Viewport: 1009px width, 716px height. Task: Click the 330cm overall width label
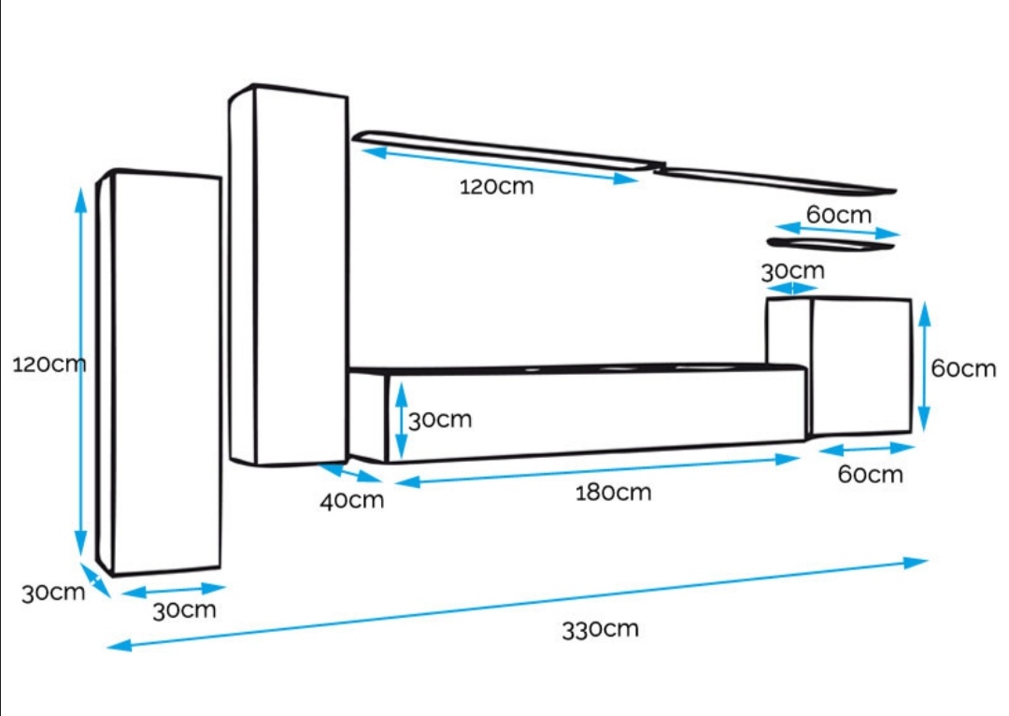(x=600, y=628)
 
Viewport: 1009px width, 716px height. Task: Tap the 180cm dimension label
(x=613, y=492)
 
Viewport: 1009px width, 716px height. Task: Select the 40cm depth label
(x=352, y=500)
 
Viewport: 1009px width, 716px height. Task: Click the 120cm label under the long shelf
(x=496, y=186)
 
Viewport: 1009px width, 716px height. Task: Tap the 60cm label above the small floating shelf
(x=838, y=214)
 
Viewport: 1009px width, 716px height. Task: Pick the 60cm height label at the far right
(x=963, y=368)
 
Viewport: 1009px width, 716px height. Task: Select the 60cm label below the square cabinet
(x=870, y=474)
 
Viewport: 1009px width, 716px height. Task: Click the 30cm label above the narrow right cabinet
(x=792, y=271)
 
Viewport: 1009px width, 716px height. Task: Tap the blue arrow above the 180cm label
(x=598, y=470)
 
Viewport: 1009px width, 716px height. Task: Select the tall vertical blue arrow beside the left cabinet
(x=81, y=374)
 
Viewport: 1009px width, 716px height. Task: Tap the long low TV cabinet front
(x=596, y=412)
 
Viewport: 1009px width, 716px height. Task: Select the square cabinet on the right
(x=860, y=365)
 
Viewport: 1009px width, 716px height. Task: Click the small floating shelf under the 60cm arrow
(x=830, y=245)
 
